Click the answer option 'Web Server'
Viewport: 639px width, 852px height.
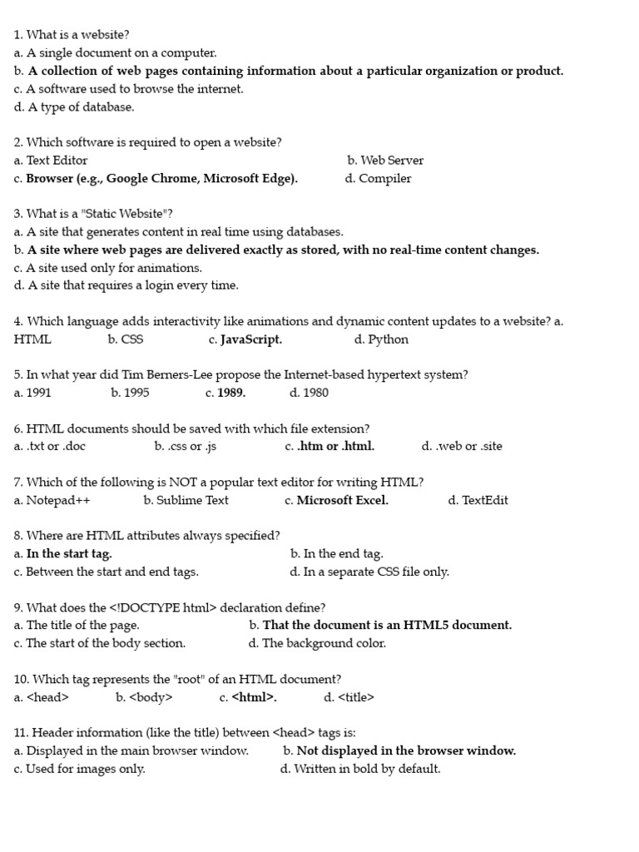392,161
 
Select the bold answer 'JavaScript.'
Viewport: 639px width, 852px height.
251,339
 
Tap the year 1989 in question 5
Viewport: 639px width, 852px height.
231,393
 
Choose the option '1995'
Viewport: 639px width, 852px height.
136,393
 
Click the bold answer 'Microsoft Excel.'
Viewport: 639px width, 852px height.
343,500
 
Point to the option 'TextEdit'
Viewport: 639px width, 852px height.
485,500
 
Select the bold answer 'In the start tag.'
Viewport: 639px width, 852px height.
69,553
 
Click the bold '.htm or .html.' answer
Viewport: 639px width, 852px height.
336,446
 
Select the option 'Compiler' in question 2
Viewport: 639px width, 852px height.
385,179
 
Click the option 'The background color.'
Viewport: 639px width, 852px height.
324,643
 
